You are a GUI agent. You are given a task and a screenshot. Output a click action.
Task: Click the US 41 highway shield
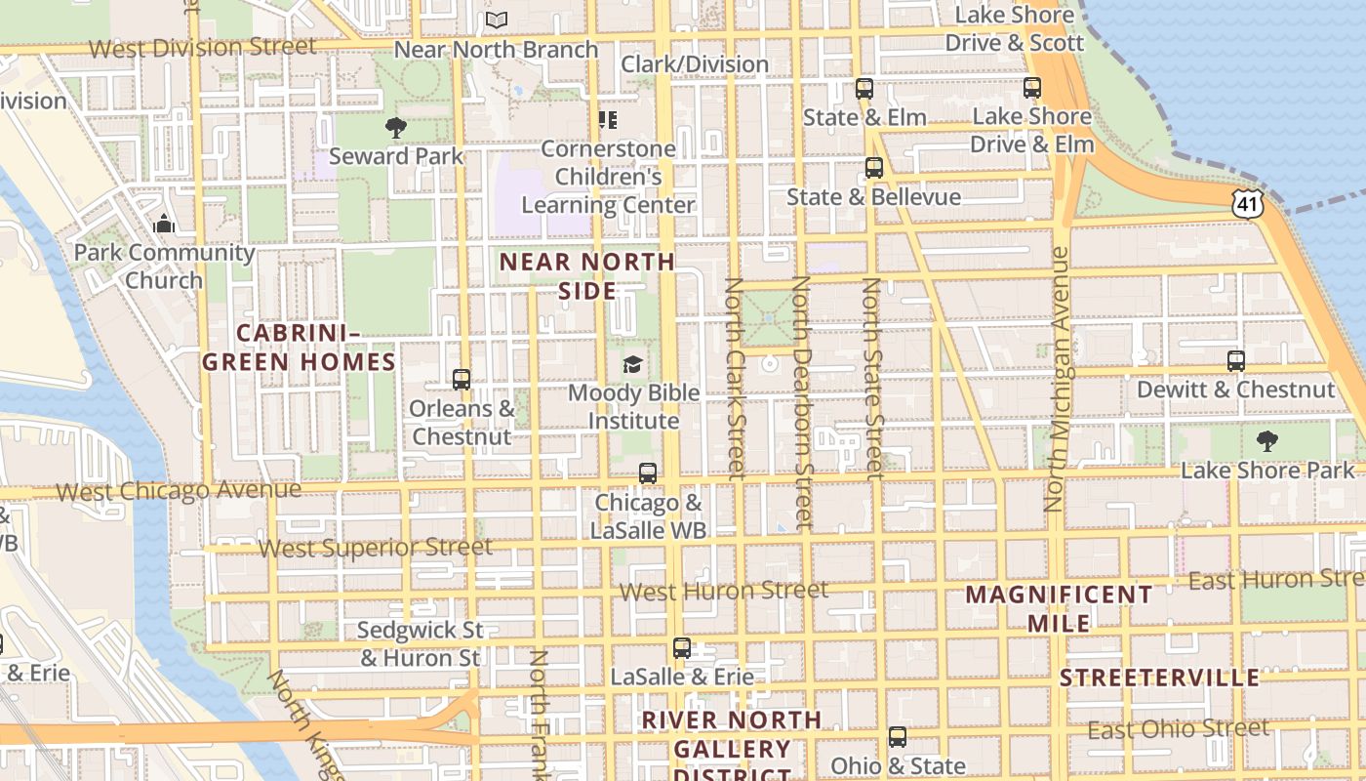(x=1248, y=203)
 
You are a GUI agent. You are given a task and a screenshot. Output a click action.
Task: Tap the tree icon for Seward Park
(x=395, y=127)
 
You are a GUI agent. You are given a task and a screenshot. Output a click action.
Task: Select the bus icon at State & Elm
(x=864, y=89)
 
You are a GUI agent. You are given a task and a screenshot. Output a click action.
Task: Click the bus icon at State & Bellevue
(x=874, y=168)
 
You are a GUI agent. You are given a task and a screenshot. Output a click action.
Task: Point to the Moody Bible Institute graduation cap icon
(x=633, y=365)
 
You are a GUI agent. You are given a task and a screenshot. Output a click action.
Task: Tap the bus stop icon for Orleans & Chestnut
(x=462, y=380)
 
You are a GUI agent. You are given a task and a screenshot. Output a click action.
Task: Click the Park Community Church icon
(x=164, y=225)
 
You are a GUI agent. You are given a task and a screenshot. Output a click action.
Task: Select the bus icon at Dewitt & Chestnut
(x=1236, y=361)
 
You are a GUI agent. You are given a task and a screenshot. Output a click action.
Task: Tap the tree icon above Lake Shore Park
(x=1267, y=441)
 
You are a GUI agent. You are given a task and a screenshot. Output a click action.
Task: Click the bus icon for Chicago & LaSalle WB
(x=648, y=473)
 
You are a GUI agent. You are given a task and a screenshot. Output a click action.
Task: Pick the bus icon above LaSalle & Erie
(x=682, y=648)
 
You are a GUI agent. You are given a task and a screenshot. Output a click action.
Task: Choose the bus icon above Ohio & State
(x=898, y=737)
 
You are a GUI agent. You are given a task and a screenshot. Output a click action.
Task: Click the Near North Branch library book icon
(x=497, y=20)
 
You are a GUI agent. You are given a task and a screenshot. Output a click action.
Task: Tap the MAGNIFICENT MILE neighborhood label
(x=1059, y=608)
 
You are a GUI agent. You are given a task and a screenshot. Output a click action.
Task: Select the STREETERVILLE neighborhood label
(x=1159, y=678)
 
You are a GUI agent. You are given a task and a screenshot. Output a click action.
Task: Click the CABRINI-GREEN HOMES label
(x=300, y=349)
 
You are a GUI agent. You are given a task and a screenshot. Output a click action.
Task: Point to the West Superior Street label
(x=375, y=548)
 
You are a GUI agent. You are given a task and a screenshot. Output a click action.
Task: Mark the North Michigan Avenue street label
(x=1057, y=379)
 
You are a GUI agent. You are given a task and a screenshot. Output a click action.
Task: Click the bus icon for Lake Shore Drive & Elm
(x=1032, y=88)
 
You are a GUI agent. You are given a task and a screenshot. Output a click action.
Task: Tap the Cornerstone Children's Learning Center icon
(x=608, y=120)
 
